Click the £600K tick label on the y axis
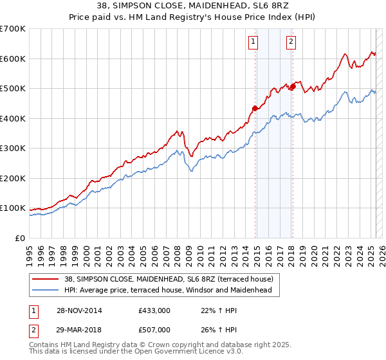click(13, 59)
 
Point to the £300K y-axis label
click(13, 148)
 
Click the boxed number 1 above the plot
click(253, 42)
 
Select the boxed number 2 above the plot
click(291, 42)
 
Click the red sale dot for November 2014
click(255, 108)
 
